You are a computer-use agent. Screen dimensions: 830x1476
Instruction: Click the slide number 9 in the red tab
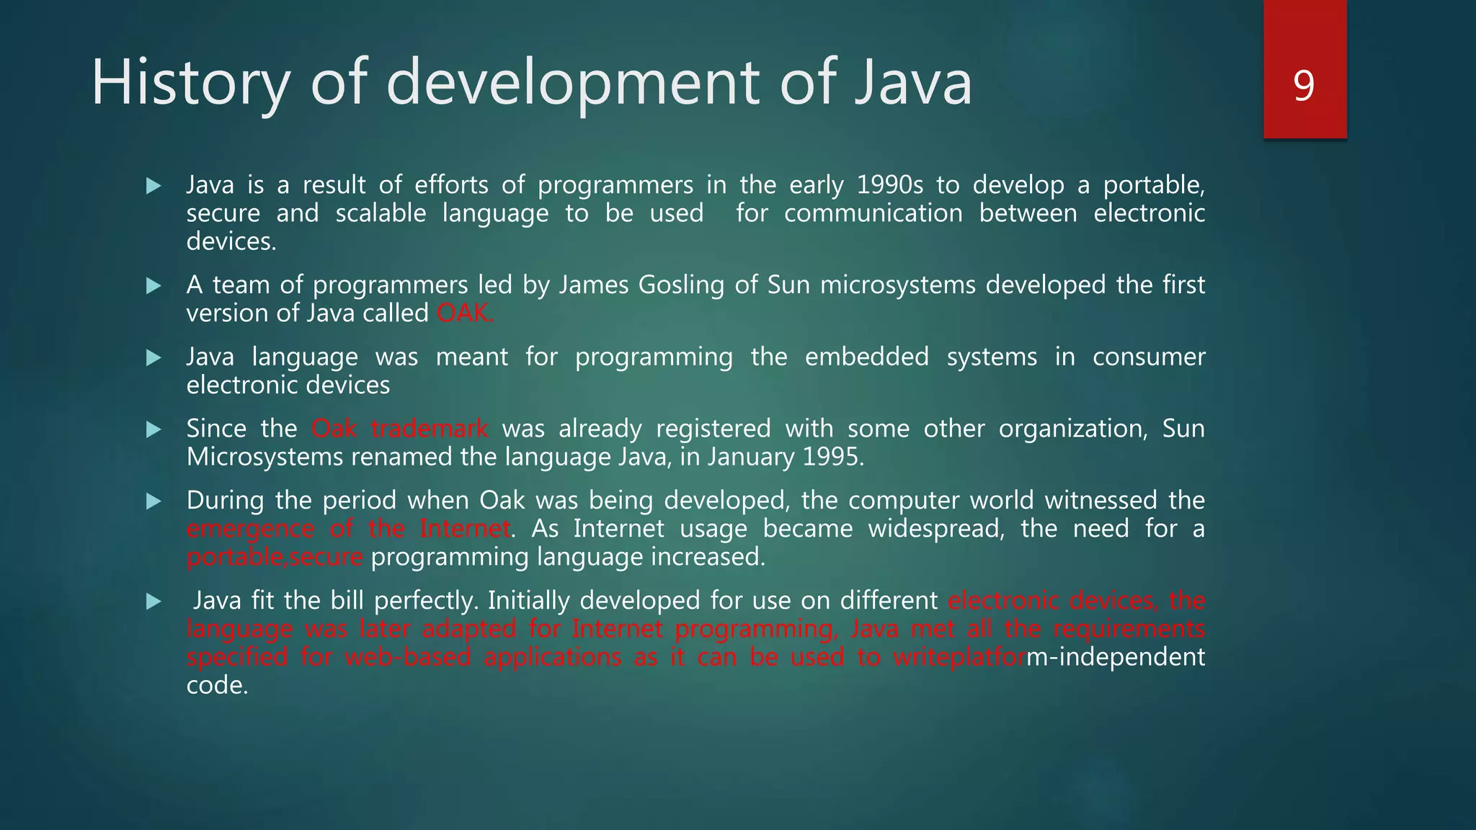point(1304,86)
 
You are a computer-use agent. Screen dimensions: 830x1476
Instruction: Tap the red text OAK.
point(465,313)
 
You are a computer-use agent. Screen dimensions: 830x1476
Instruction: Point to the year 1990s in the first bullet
point(889,185)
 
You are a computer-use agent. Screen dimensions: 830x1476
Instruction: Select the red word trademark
point(430,429)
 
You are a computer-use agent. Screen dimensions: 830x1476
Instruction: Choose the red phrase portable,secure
point(275,557)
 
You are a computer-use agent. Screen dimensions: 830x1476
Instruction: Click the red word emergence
point(250,529)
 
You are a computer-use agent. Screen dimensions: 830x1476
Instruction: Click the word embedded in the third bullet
point(866,357)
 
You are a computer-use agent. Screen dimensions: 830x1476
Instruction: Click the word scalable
point(381,213)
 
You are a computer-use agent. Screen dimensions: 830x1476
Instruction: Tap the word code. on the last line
point(217,685)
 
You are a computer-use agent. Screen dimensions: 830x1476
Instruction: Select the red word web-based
point(408,657)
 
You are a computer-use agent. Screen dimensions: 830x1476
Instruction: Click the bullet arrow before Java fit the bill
point(154,602)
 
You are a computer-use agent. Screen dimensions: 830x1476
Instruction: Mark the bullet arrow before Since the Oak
point(154,429)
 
